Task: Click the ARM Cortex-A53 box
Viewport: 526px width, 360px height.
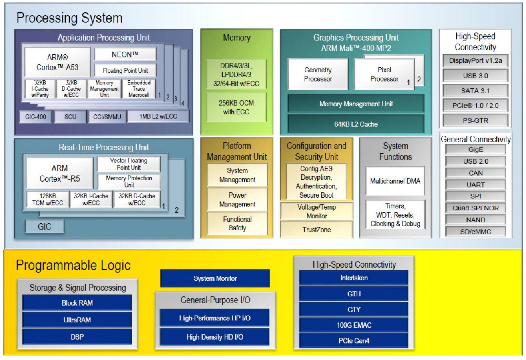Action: coord(57,62)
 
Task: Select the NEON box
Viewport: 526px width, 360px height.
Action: coord(125,54)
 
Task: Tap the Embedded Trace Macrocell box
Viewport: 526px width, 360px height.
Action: coord(139,89)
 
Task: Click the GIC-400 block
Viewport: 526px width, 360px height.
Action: coord(35,116)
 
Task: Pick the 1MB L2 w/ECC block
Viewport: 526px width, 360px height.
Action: coord(158,116)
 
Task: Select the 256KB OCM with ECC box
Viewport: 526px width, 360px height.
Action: coord(236,107)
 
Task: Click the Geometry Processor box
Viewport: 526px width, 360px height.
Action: coord(318,74)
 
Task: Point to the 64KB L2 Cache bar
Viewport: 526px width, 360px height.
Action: coord(356,124)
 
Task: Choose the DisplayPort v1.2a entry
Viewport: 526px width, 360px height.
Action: coord(476,61)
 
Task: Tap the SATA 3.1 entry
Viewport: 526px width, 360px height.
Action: coord(476,91)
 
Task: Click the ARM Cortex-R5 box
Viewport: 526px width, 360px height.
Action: coord(60,174)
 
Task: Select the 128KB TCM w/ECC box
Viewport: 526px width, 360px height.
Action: coord(48,199)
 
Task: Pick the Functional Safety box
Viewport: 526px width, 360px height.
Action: coord(237,224)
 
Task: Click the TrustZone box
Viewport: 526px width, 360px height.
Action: coord(317,230)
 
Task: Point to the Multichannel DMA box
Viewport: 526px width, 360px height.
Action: coord(395,181)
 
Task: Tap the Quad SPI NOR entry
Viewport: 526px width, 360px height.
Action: coord(476,208)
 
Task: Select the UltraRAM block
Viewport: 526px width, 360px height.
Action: coord(77,320)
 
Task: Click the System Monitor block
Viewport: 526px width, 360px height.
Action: coord(215,278)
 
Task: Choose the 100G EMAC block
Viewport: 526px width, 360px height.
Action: coord(354,325)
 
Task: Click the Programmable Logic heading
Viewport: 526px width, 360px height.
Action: coord(73,266)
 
